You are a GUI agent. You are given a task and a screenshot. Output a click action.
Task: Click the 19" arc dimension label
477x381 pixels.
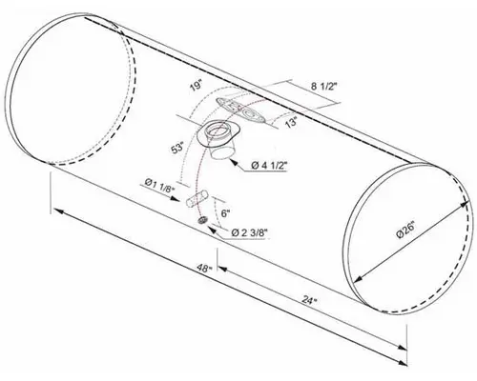(x=195, y=86)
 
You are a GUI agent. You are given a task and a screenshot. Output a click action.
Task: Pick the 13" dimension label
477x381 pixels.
(x=290, y=121)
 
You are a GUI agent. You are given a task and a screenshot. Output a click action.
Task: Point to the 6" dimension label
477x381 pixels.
(x=225, y=213)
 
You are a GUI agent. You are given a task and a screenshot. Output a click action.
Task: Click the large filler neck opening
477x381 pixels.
(x=223, y=133)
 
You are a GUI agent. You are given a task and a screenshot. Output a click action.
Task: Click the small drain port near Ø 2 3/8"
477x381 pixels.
(x=202, y=221)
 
